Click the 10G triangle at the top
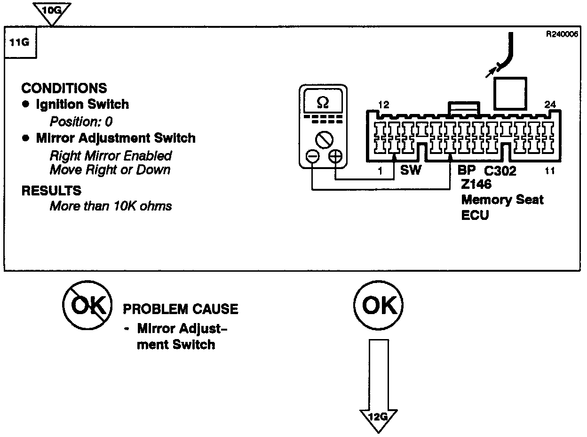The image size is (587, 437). tap(52, 11)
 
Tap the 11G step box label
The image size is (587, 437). tap(20, 42)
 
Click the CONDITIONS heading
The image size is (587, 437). tap(64, 88)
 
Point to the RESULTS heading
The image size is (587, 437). tap(51, 191)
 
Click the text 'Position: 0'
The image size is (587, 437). tap(81, 121)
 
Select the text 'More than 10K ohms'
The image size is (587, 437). tap(111, 206)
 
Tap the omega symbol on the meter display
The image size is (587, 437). tap(323, 102)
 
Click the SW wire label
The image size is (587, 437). tap(411, 170)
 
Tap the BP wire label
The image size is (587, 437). tap(467, 170)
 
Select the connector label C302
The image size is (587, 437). tap(500, 171)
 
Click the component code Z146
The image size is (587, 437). tap(476, 184)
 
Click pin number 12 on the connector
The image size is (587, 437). tap(383, 104)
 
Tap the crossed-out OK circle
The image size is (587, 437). tap(87, 307)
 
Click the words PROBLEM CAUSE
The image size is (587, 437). tap(181, 309)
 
